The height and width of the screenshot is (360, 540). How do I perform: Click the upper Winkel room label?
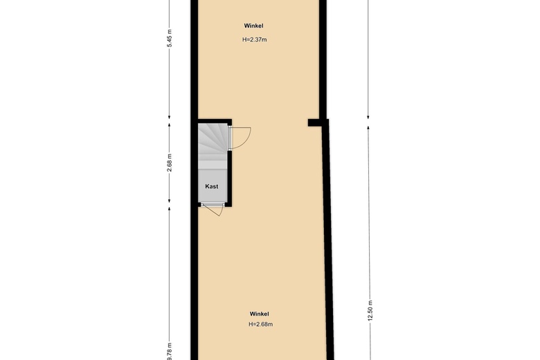(x=253, y=26)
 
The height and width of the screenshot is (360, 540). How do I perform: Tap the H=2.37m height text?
(x=255, y=39)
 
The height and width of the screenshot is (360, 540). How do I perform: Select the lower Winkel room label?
(x=260, y=314)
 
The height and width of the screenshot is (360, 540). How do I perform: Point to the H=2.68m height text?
(x=261, y=324)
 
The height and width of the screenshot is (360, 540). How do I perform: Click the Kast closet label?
(x=211, y=186)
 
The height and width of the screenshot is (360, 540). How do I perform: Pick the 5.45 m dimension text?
(x=169, y=38)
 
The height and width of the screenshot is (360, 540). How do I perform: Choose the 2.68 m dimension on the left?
(x=169, y=163)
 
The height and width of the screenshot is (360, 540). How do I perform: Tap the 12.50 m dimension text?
(x=370, y=311)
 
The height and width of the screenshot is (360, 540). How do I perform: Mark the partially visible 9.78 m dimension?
(x=170, y=352)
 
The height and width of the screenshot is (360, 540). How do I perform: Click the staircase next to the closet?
(x=213, y=146)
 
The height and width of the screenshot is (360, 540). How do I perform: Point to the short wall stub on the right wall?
(x=315, y=123)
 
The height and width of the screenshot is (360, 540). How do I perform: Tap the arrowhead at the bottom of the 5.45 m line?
(x=169, y=117)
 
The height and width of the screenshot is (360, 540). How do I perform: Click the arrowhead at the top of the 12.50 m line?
(x=368, y=127)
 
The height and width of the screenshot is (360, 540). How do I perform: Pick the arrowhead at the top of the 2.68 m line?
(x=169, y=125)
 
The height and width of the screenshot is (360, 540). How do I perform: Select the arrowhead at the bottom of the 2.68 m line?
(x=169, y=201)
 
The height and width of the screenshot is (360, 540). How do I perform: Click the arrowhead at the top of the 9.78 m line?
(x=169, y=209)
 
